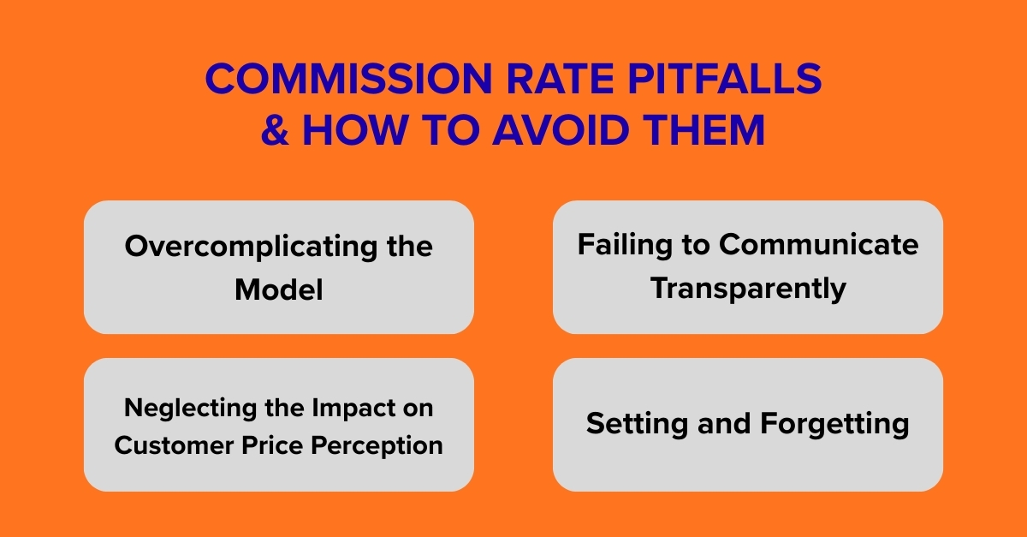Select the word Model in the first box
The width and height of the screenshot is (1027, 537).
coord(279,289)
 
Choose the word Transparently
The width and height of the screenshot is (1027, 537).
coord(748,288)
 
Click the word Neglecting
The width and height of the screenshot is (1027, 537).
coord(184,408)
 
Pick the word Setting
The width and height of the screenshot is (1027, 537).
coord(629,424)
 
